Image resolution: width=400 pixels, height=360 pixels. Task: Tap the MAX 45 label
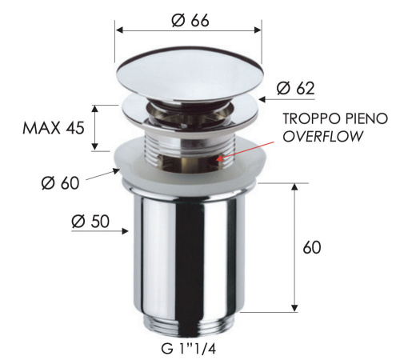tap(54, 129)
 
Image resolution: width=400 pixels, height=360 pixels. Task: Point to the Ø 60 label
tap(61, 183)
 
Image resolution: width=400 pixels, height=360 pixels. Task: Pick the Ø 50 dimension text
tap(91, 222)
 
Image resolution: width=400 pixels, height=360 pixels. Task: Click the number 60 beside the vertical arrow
tap(312, 247)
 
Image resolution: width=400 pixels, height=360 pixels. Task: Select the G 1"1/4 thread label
tap(189, 348)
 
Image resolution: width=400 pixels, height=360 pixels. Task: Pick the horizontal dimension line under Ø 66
tap(190, 30)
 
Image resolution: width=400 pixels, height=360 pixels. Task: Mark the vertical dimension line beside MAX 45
tap(96, 127)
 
